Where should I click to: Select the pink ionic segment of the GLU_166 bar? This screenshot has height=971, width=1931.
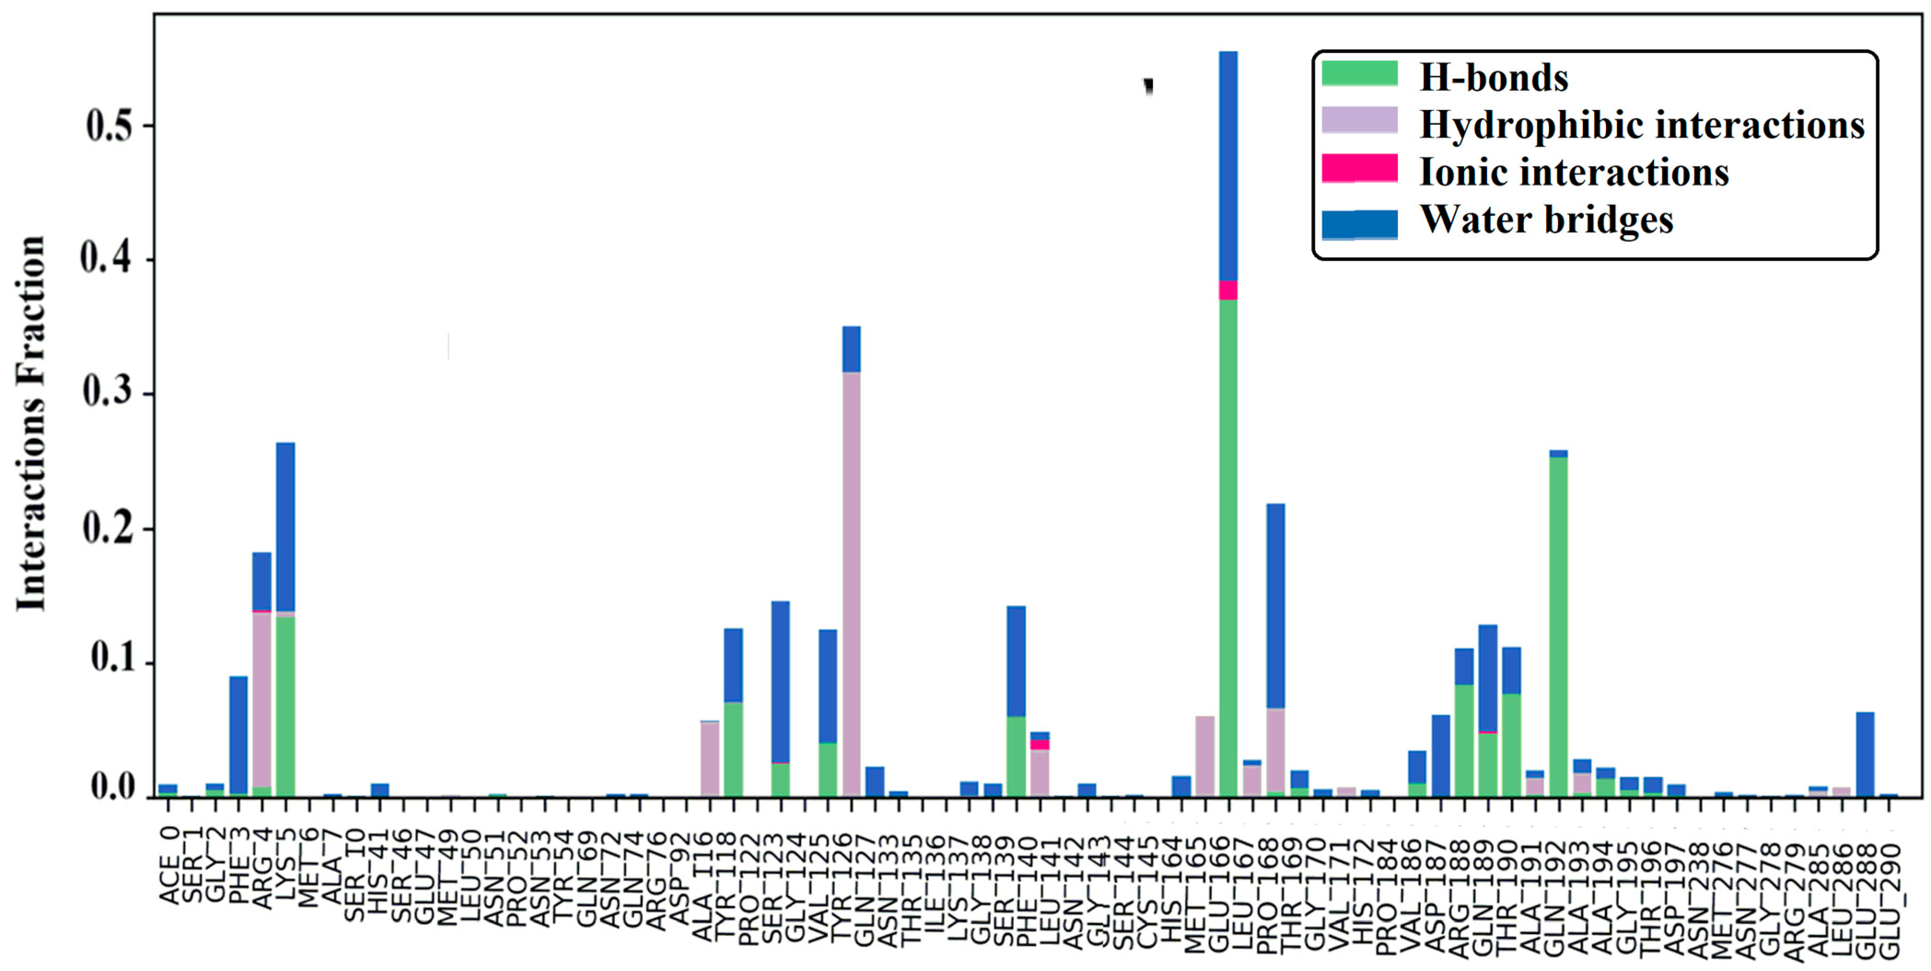click(1228, 290)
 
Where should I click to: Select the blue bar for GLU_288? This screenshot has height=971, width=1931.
click(1865, 754)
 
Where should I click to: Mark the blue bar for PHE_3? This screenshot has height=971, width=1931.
click(238, 735)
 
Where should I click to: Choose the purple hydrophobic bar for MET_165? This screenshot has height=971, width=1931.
click(1204, 756)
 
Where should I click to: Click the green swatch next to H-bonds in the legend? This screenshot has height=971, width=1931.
click(1359, 74)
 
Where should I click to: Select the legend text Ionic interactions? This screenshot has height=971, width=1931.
click(1574, 172)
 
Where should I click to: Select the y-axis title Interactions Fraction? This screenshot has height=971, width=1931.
click(31, 424)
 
